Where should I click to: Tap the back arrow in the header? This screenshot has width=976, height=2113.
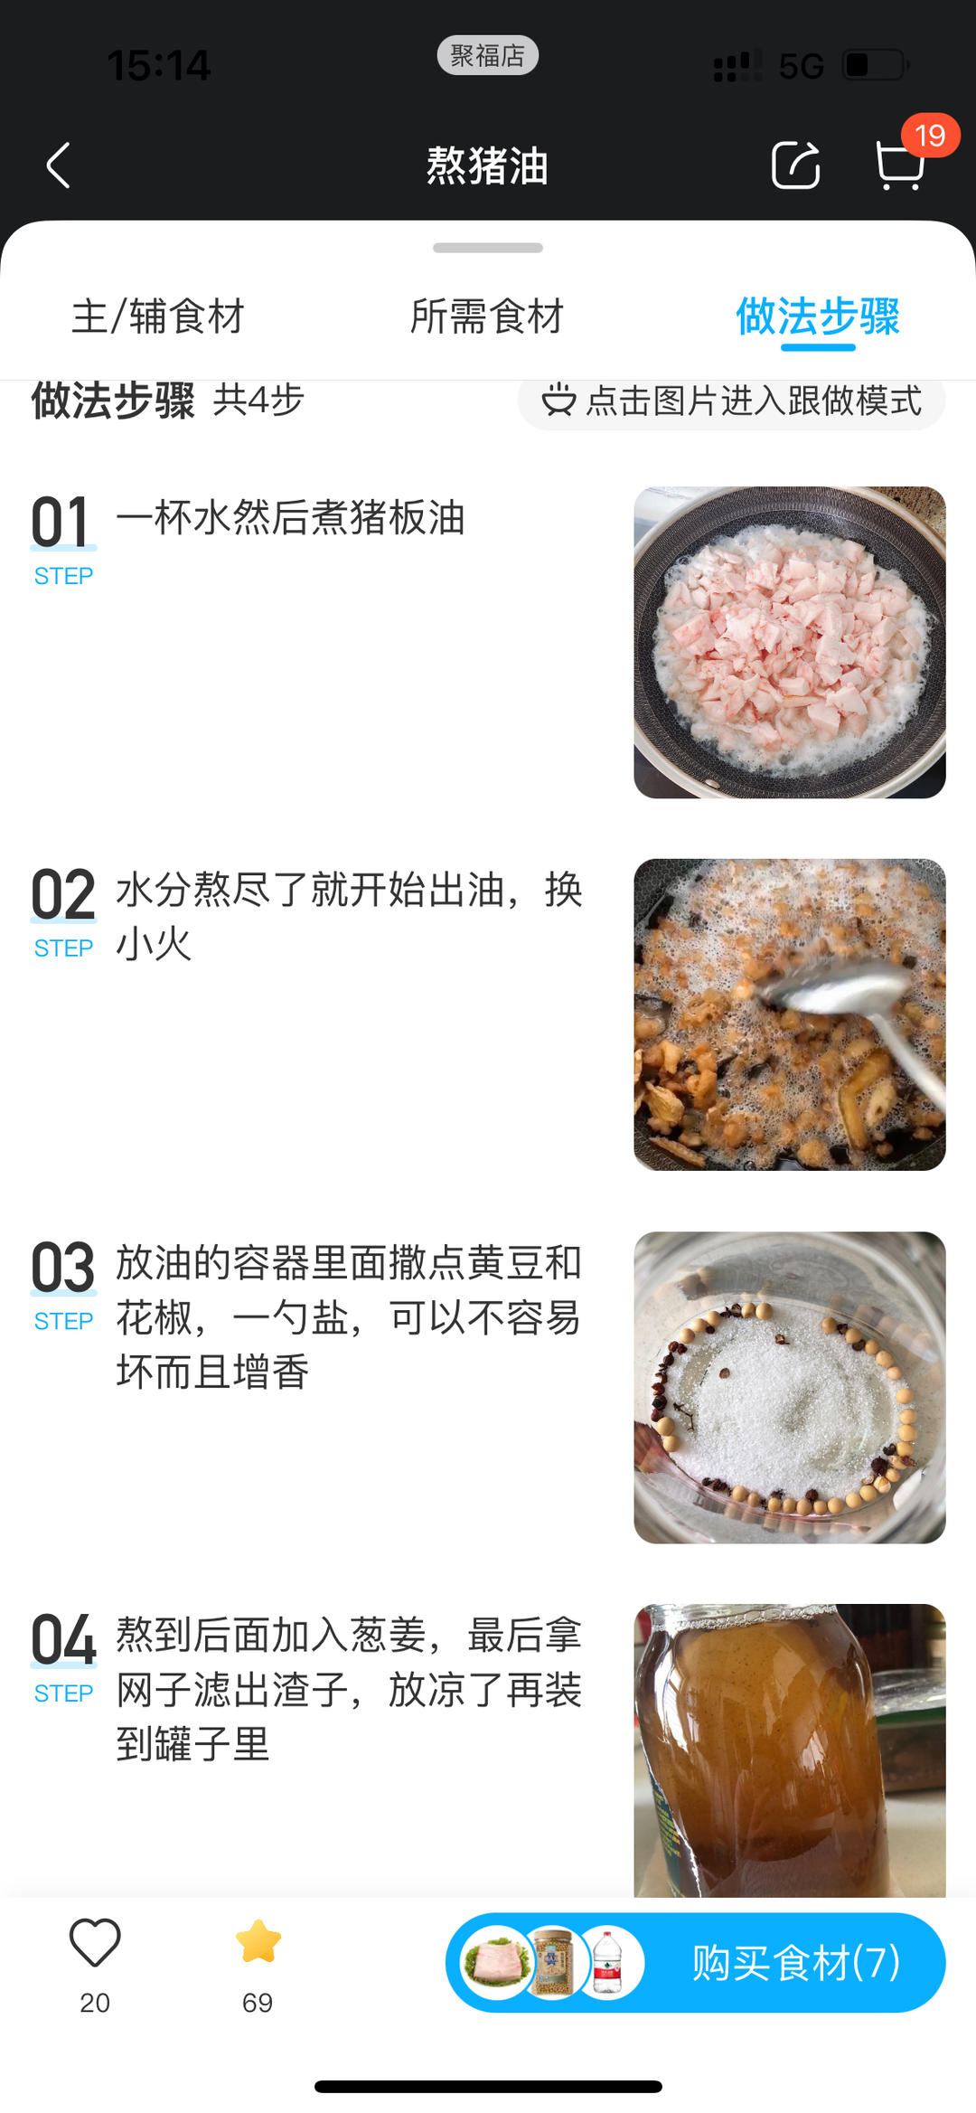coord(59,165)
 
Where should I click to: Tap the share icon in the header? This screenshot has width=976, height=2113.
coord(795,165)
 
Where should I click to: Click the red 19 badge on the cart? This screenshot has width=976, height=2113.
coord(930,136)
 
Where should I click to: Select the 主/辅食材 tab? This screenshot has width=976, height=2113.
coord(158,316)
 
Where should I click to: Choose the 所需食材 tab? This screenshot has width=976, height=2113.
coord(487,316)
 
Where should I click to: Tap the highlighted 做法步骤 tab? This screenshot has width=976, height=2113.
coord(818,316)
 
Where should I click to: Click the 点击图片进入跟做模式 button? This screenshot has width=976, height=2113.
coord(732,401)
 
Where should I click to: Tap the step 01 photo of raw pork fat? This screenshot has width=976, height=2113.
coord(790,642)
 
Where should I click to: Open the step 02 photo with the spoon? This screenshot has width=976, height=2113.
coord(790,1014)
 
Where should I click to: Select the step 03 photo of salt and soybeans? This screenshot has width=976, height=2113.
coord(790,1387)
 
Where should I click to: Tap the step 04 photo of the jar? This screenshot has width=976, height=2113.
coord(790,1750)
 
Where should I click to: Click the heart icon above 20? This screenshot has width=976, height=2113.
coord(95,1942)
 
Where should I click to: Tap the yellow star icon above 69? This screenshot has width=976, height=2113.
coord(258,1942)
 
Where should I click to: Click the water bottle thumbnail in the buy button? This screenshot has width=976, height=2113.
coord(608,1963)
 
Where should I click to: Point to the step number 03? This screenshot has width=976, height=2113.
coord(63,1268)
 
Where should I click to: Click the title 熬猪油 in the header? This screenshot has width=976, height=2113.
coord(487,166)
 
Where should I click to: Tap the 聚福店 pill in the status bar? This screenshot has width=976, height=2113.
coord(488,56)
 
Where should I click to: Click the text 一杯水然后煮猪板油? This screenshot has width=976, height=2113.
coord(291,518)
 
